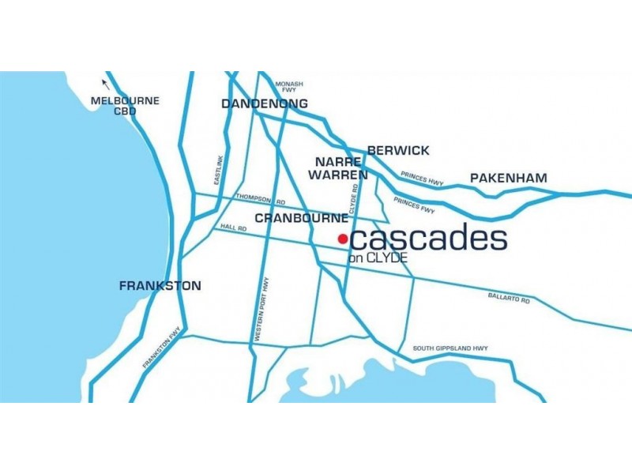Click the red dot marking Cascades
click(343, 239)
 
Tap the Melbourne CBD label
click(125, 106)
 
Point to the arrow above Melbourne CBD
click(105, 83)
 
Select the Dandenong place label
click(265, 104)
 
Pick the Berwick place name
click(398, 150)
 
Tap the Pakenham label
click(509, 179)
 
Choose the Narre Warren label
click(337, 168)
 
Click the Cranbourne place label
click(301, 217)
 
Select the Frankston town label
click(160, 286)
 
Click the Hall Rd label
click(234, 228)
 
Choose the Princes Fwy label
click(414, 206)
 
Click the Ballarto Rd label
click(509, 298)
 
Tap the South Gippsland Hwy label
click(450, 348)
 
